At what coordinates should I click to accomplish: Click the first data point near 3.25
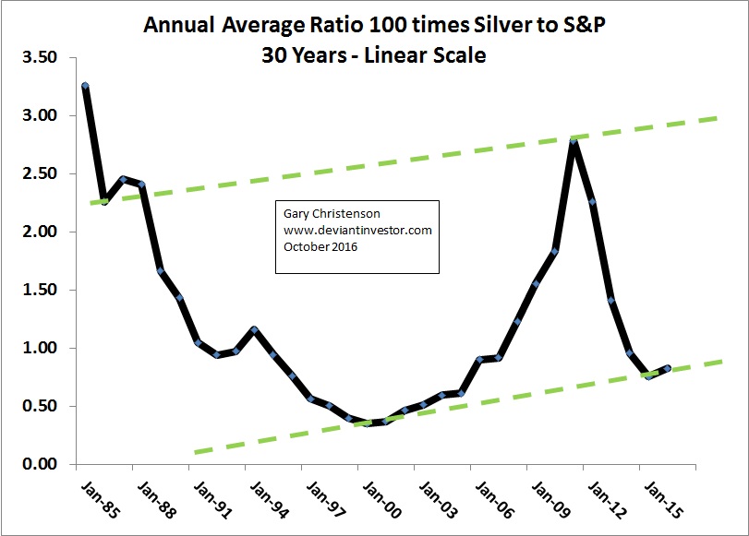tap(85, 86)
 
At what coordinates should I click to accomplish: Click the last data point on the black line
tap(668, 368)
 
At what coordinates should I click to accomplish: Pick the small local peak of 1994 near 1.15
tap(254, 329)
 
